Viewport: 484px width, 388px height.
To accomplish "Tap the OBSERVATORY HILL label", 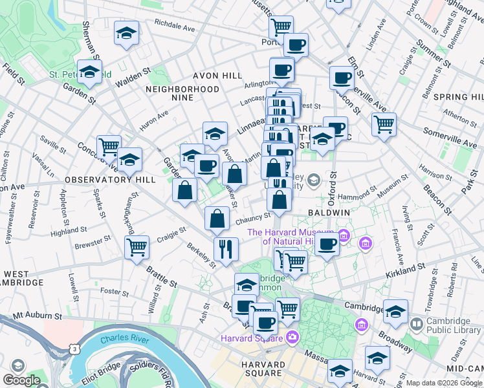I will pyautogui.click(x=103, y=179).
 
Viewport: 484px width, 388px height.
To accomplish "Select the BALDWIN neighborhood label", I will pyautogui.click(x=329, y=212).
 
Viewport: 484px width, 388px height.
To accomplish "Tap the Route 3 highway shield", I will pyautogui.click(x=76, y=349).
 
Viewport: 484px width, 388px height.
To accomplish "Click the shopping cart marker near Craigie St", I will pyautogui.click(x=137, y=247).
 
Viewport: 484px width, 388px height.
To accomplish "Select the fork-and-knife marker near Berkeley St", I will pyautogui.click(x=226, y=249).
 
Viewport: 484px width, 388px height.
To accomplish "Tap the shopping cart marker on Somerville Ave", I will pyautogui.click(x=384, y=123).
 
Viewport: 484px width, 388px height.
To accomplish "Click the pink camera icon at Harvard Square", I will pyautogui.click(x=292, y=338).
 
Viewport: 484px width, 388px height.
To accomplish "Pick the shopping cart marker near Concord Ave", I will pyautogui.click(x=109, y=147).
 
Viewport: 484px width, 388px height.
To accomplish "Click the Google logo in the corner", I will pyautogui.click(x=21, y=380).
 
